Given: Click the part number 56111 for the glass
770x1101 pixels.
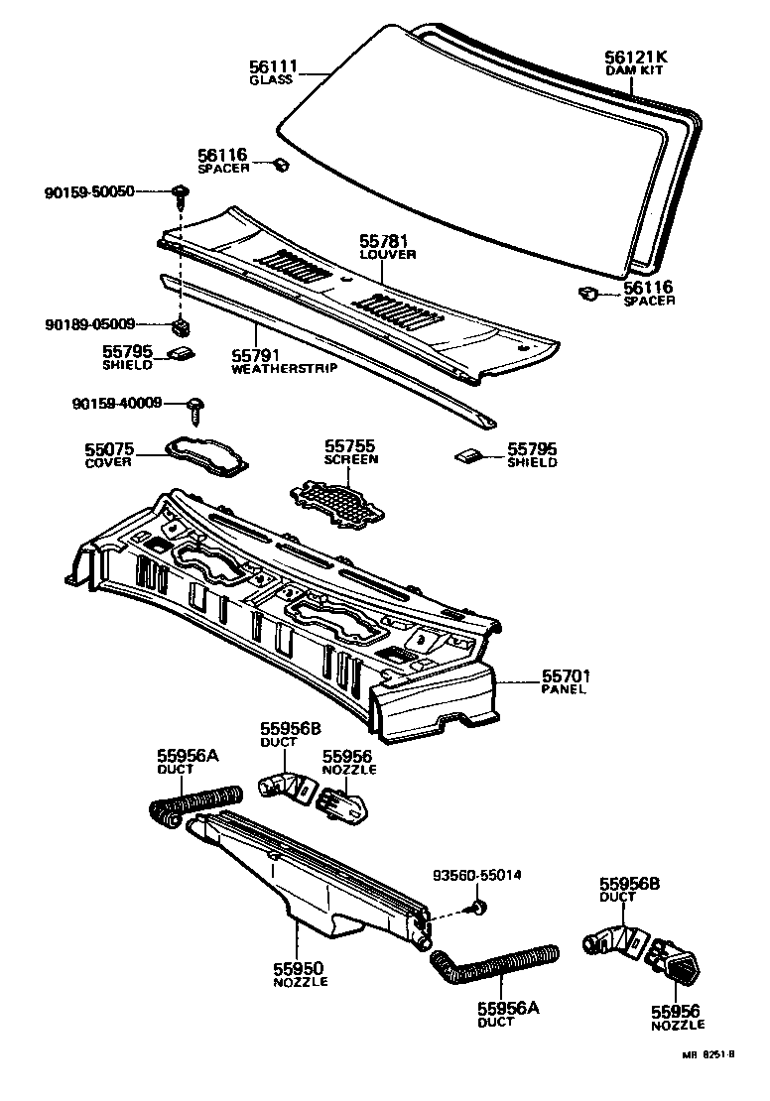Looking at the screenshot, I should click(x=272, y=65).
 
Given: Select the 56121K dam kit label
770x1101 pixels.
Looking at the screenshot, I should click(x=636, y=58).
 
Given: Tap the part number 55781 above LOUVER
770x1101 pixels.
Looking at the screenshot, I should click(x=384, y=241).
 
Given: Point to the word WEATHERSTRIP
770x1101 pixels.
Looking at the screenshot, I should click(x=284, y=368).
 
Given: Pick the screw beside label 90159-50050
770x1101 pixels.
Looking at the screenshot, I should click(x=181, y=192).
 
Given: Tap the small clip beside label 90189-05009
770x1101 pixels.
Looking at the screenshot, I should click(x=182, y=325).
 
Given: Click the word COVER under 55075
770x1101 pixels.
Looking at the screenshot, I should click(x=109, y=463).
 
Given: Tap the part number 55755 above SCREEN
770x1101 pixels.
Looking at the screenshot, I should click(x=352, y=446).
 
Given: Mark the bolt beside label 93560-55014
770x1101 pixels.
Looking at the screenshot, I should click(x=480, y=907).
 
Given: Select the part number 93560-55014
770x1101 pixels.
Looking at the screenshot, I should click(x=477, y=876).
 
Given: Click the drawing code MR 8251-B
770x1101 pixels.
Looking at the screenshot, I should click(x=707, y=1082).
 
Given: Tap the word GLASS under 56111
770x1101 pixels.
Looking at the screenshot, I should click(x=271, y=79).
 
